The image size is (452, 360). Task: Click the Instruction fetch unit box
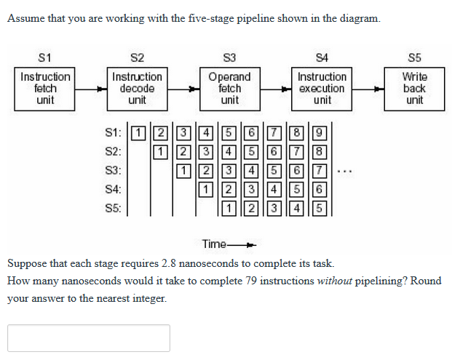click(x=45, y=88)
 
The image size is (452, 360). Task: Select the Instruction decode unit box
click(x=137, y=88)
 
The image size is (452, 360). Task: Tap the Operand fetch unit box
click(x=229, y=88)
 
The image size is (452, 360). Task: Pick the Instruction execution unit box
click(x=322, y=88)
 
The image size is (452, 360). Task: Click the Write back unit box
click(x=414, y=88)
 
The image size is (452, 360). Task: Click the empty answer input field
click(x=89, y=338)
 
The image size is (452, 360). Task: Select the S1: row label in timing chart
click(x=113, y=134)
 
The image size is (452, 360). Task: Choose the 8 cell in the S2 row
click(x=320, y=153)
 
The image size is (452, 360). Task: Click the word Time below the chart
click(x=214, y=244)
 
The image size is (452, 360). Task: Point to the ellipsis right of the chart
click(x=346, y=173)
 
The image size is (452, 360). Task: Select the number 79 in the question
click(x=254, y=281)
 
